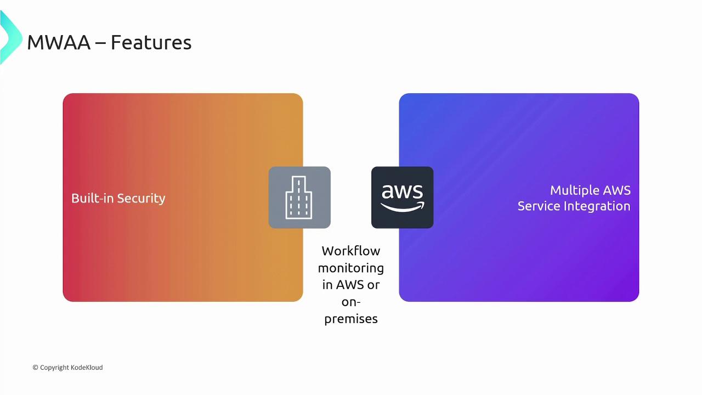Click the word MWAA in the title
(58, 42)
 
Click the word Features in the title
(151, 42)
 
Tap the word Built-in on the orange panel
(90, 198)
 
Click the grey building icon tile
(299, 198)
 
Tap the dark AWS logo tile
(402, 198)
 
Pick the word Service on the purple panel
(540, 206)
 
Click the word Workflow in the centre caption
(350, 251)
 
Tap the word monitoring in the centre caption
(350, 268)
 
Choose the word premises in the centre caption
(350, 319)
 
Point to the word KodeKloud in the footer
(86, 368)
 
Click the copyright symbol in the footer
(35, 368)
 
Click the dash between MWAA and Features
(100, 43)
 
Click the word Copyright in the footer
(54, 368)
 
